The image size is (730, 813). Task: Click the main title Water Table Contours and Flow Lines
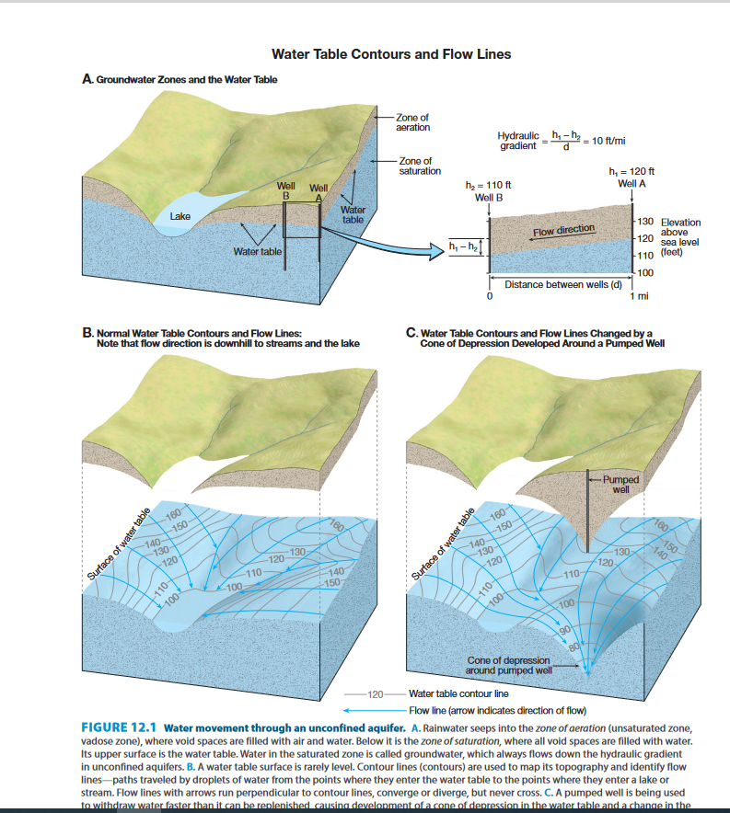coord(391,54)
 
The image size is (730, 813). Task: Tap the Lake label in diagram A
coord(180,217)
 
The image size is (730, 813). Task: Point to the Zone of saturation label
coord(420,166)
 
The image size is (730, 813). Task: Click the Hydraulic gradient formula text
coord(562,141)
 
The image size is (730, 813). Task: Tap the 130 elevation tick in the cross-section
coord(644,223)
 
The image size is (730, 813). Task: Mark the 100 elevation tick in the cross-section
coord(644,272)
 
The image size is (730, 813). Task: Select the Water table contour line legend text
coord(458,693)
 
